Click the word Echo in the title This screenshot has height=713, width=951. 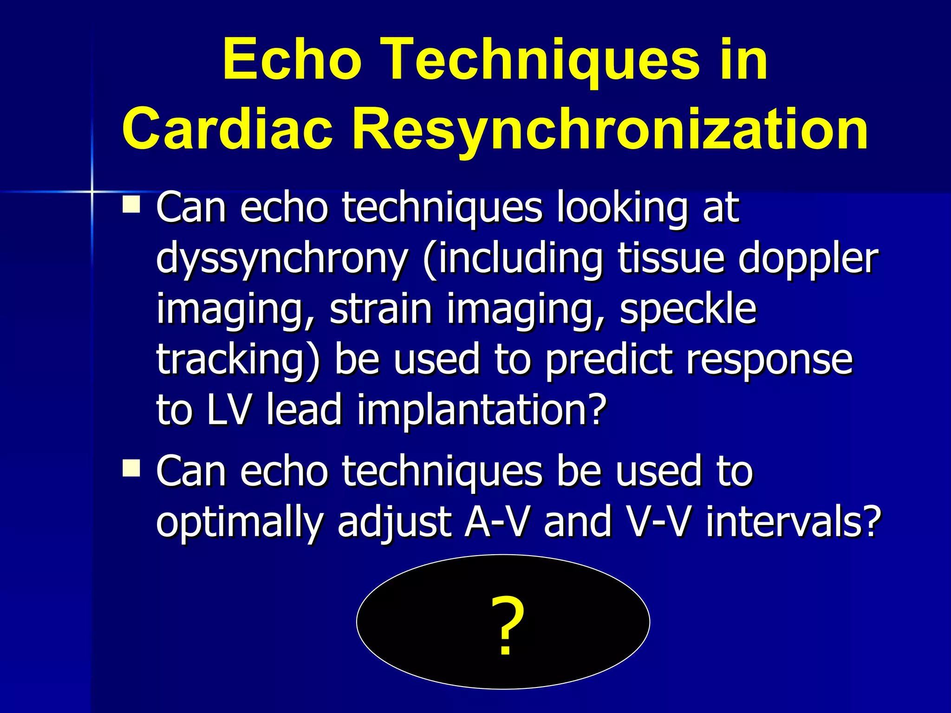(x=292, y=60)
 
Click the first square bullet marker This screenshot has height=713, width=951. (x=131, y=204)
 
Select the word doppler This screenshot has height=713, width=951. (x=808, y=259)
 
